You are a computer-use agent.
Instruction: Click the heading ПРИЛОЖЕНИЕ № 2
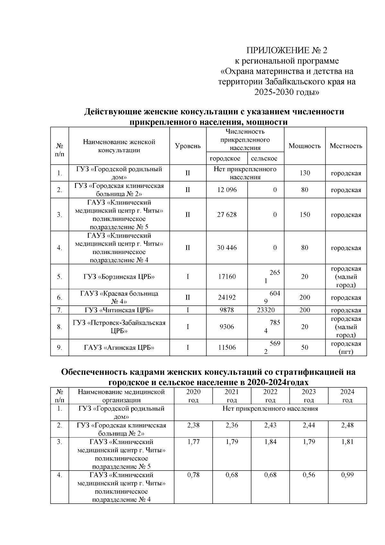tap(287, 50)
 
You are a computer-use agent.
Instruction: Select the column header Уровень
tap(188, 146)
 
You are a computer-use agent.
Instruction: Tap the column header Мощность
tap(304, 146)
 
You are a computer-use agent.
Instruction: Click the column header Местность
tap(346, 146)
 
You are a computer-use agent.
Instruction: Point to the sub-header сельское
tap(264, 159)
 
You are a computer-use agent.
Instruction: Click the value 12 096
tap(227, 190)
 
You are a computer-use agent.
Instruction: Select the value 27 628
tap(227, 215)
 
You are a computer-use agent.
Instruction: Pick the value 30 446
tap(227, 248)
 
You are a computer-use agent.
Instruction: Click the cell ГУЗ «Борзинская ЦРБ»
tap(119, 277)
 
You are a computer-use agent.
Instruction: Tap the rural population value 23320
tap(266, 310)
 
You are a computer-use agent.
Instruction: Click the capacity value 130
tap(304, 173)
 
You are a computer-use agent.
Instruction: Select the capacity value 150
tap(304, 215)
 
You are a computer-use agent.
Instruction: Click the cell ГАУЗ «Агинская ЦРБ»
tap(119, 347)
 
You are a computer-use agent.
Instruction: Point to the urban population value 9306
tap(227, 327)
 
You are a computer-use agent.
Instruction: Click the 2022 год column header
tap(270, 396)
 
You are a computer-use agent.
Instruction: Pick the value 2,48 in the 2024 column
tap(347, 425)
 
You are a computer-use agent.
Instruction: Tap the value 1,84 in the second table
tap(270, 442)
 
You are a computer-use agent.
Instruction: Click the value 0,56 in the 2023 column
tap(309, 475)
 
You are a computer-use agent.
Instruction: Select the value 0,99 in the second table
tap(347, 475)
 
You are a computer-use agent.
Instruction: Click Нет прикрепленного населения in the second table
tap(270, 409)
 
